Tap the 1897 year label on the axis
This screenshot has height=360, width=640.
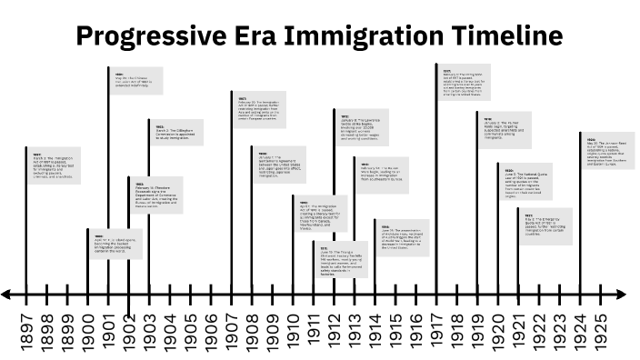pyautogui.click(x=25, y=328)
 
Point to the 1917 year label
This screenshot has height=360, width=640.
pyautogui.click(x=437, y=328)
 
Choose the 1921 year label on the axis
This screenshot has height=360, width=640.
pyautogui.click(x=519, y=328)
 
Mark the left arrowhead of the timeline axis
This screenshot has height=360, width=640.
pyautogui.click(x=6, y=295)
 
